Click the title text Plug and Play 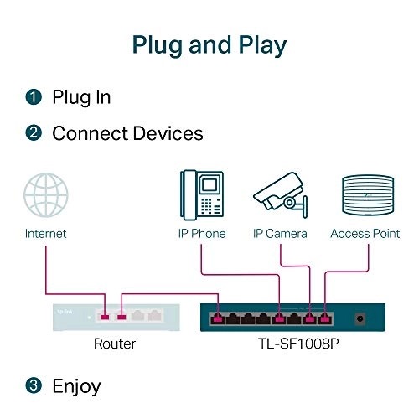tap(209, 44)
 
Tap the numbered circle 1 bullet tap(33, 97)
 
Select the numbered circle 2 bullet tap(33, 133)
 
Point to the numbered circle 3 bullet tap(33, 385)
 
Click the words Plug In tap(81, 97)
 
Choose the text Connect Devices tap(127, 133)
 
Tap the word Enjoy tap(76, 385)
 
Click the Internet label tap(45, 234)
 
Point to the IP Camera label tap(280, 234)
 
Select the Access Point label tap(365, 234)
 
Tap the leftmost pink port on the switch tap(219, 318)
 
